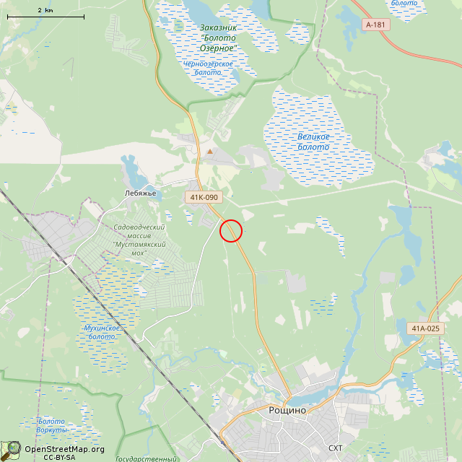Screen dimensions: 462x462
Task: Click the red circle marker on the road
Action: [230, 230]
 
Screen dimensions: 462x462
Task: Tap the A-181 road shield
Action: [375, 25]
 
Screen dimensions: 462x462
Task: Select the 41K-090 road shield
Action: [203, 197]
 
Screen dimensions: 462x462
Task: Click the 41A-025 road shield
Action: [424, 328]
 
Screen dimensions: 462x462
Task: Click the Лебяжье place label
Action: [141, 193]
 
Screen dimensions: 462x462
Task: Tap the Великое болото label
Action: [313, 141]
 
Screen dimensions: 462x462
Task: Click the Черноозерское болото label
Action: [209, 68]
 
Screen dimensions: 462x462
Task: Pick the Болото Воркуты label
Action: [51, 425]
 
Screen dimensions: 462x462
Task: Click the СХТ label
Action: [336, 448]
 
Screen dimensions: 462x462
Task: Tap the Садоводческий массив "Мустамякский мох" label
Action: [140, 236]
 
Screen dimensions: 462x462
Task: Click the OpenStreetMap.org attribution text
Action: [64, 449]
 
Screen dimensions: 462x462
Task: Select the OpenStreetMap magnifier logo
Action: [12, 450]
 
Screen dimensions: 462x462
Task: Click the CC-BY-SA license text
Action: [59, 457]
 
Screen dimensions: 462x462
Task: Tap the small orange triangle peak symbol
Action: [210, 152]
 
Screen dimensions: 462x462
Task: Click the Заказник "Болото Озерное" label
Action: [218, 38]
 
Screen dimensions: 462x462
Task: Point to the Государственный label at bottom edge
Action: [146, 459]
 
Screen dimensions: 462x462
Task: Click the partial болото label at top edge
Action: [404, 4]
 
